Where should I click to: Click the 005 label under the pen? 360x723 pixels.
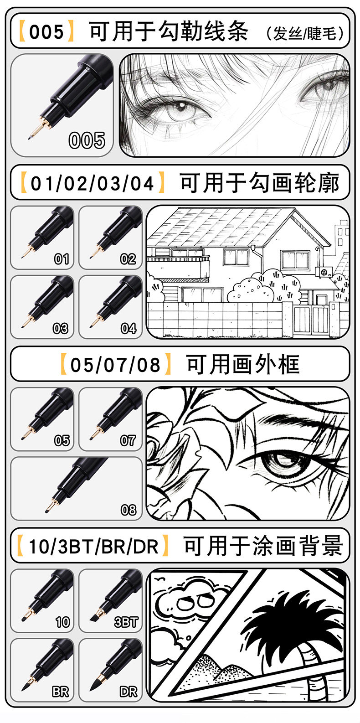(87, 140)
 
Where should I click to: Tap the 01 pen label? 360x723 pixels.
(62, 259)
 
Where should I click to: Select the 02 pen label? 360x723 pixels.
(128, 259)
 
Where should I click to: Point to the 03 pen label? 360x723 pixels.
(61, 329)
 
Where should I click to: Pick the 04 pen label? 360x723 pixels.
(129, 329)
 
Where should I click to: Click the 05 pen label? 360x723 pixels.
(62, 440)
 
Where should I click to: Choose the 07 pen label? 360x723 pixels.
(128, 440)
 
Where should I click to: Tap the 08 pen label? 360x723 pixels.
(129, 510)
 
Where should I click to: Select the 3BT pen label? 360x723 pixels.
(126, 622)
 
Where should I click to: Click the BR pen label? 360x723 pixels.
(61, 692)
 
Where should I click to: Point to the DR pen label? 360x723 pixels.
(129, 692)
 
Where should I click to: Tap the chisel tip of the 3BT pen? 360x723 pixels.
(94, 617)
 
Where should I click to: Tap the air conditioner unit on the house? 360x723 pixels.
(324, 271)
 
